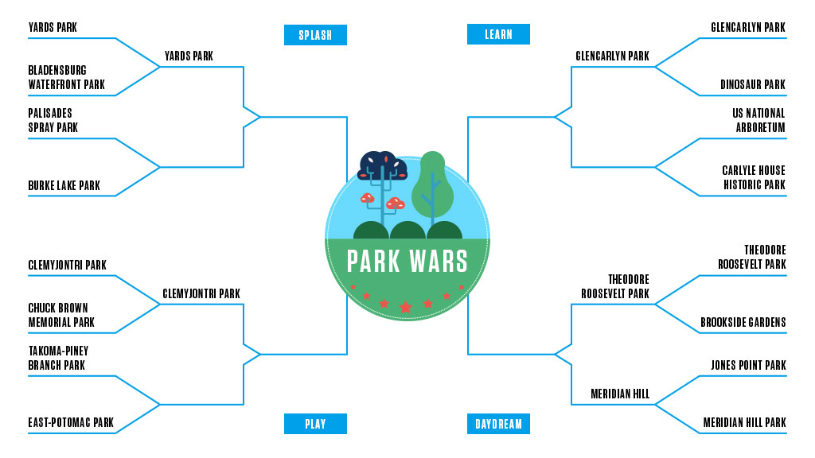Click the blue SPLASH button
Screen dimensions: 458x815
click(x=315, y=35)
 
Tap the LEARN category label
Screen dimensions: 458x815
click(x=498, y=34)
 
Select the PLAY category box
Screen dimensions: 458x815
click(x=315, y=424)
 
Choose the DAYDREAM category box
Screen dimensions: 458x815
click(x=498, y=424)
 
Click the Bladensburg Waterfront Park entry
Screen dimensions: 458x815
click(x=67, y=78)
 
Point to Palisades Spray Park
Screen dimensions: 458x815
click(x=53, y=120)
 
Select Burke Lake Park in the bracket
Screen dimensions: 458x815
click(x=64, y=186)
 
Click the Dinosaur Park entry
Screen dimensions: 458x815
click(x=752, y=85)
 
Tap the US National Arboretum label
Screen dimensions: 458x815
click(x=758, y=120)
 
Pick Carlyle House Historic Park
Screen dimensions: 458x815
click(x=753, y=178)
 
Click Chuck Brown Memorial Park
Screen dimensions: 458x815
click(x=61, y=315)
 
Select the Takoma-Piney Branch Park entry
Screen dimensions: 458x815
click(x=58, y=358)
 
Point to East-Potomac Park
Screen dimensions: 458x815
click(x=71, y=423)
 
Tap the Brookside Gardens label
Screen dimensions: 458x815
click(x=743, y=323)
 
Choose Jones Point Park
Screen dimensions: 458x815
click(x=747, y=366)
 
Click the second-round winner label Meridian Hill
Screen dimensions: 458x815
click(x=620, y=394)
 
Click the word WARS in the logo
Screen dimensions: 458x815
click(x=437, y=261)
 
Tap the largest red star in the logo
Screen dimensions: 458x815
click(x=406, y=307)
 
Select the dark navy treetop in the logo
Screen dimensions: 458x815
click(x=384, y=165)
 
